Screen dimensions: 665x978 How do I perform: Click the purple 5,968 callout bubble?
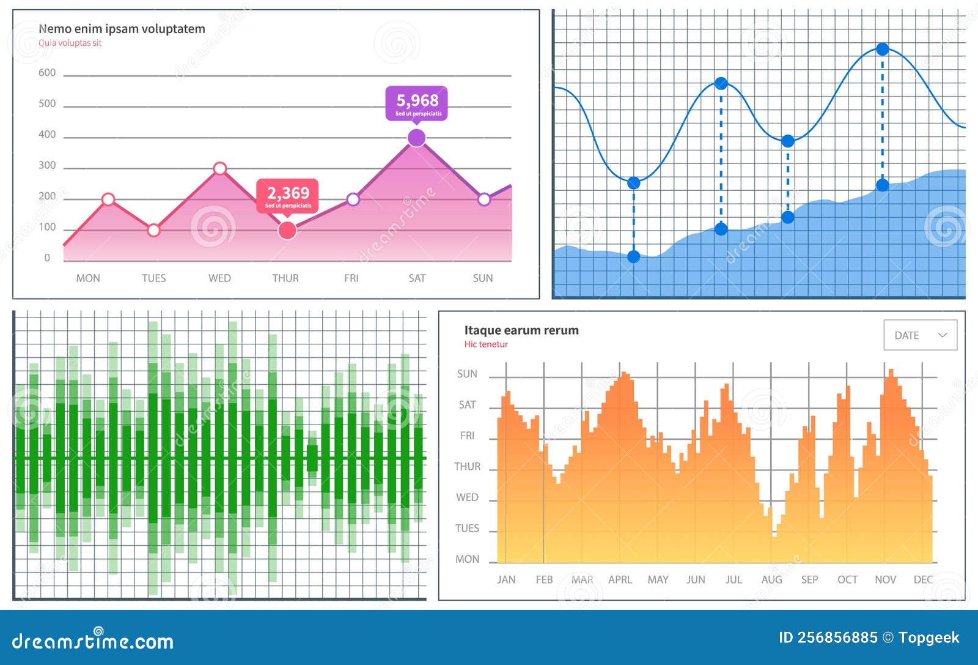tap(416, 103)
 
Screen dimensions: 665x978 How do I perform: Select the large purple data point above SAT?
tap(416, 138)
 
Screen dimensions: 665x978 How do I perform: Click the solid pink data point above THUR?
tap(287, 231)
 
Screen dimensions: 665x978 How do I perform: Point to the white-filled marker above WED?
tap(220, 168)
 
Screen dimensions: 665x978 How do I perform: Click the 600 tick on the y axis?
tap(47, 73)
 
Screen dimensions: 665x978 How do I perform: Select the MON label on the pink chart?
tap(88, 278)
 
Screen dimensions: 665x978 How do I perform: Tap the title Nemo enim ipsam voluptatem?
tap(122, 29)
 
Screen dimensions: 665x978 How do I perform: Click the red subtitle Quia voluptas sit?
tap(70, 43)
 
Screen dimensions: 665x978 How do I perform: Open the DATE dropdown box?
tap(920, 335)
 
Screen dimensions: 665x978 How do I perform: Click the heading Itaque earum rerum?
tap(521, 330)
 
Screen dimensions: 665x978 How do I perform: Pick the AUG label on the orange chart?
tap(771, 579)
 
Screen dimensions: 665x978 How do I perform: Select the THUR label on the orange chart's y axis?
tap(467, 467)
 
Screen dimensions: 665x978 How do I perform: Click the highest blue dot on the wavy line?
tap(882, 49)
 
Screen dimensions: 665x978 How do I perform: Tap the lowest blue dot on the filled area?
tap(634, 256)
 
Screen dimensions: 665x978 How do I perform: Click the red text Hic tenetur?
tap(486, 344)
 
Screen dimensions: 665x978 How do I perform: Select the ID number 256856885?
tap(828, 637)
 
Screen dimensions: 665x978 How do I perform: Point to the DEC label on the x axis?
tap(923, 579)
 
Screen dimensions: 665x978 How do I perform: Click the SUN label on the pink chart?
tap(482, 278)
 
